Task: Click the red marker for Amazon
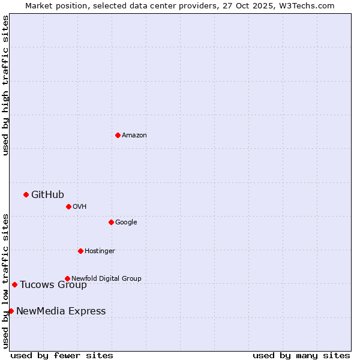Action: click(118, 135)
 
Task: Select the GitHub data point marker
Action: click(26, 194)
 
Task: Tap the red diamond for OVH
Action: click(68, 206)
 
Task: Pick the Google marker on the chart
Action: click(111, 222)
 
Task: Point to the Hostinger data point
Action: click(80, 251)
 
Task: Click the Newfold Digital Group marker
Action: click(67, 278)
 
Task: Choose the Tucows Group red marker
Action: click(14, 284)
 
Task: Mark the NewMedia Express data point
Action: click(11, 311)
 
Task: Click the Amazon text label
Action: click(134, 135)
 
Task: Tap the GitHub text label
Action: click(47, 194)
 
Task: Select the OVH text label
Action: click(80, 206)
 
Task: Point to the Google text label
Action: click(126, 222)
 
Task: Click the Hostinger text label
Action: click(100, 251)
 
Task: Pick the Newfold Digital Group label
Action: click(106, 278)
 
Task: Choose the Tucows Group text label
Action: click(53, 284)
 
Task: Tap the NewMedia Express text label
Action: click(61, 311)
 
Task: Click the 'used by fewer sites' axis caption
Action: click(62, 355)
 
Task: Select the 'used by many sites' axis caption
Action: click(301, 355)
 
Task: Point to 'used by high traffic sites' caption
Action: click(5, 85)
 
